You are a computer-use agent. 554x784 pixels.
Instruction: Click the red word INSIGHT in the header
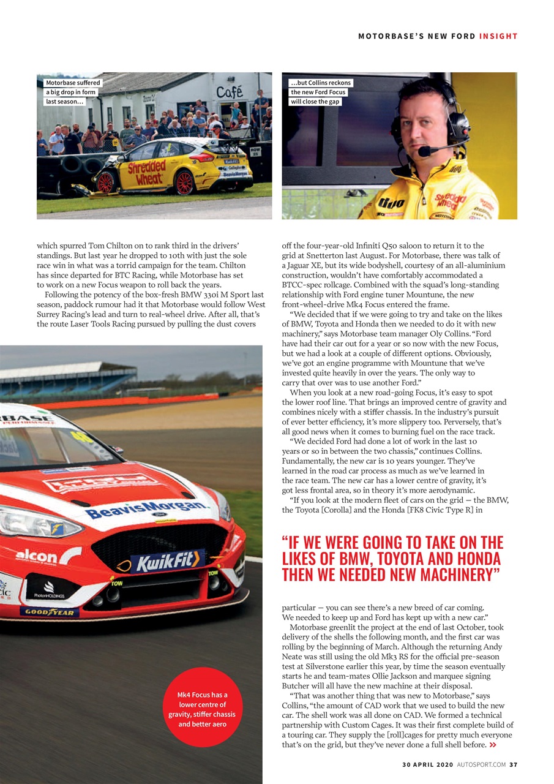(x=498, y=36)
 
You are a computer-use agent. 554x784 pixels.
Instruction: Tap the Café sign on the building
(x=229, y=92)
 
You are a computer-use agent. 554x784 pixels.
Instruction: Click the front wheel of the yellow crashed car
(x=105, y=182)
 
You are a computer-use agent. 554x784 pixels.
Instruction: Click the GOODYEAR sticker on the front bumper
(x=49, y=612)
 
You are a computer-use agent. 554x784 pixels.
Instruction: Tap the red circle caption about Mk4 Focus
(x=201, y=709)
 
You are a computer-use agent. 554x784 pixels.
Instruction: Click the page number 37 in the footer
(x=514, y=764)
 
